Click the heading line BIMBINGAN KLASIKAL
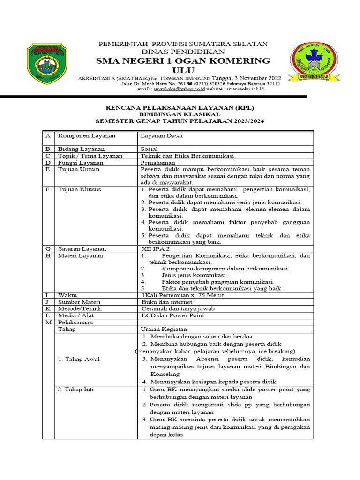coord(180,114)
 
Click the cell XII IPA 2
coord(156,249)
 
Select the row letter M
coord(47,322)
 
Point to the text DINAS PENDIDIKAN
coord(183,52)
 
